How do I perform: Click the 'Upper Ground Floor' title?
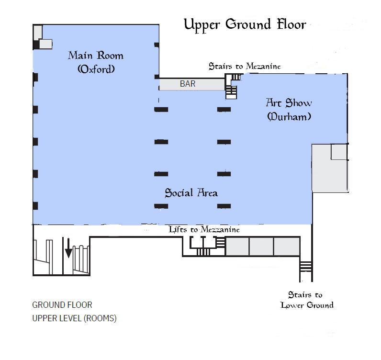(245, 25)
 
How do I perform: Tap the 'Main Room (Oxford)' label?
(96, 62)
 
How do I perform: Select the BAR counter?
(192, 84)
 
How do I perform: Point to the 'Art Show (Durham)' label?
(289, 109)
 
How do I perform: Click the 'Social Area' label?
(191, 193)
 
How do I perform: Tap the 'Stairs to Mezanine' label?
(245, 66)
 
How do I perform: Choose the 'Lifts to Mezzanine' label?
(204, 229)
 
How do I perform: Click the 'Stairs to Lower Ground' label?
(307, 300)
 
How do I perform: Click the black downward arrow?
(68, 248)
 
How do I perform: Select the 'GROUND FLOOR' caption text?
(62, 305)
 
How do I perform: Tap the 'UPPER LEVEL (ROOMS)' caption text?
(74, 318)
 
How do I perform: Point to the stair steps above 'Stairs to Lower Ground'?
(306, 266)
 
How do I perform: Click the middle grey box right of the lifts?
(261, 246)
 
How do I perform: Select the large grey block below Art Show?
(330, 168)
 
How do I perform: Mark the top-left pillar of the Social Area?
(161, 109)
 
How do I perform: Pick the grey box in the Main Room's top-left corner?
(38, 32)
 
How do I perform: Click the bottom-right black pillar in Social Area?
(224, 206)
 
